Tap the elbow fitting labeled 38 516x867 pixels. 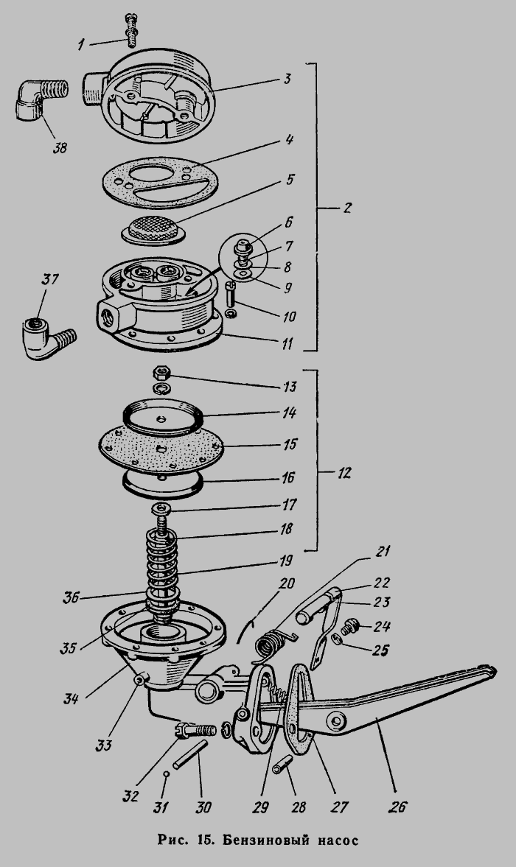pyautogui.click(x=39, y=99)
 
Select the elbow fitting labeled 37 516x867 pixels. pyautogui.click(x=46, y=337)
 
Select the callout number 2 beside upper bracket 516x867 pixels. pyautogui.click(x=346, y=208)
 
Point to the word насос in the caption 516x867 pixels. pyautogui.click(x=338, y=841)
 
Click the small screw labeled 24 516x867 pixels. pyautogui.click(x=349, y=628)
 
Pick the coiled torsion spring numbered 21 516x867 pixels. pyautogui.click(x=271, y=645)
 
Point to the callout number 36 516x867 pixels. pyautogui.click(x=72, y=597)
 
